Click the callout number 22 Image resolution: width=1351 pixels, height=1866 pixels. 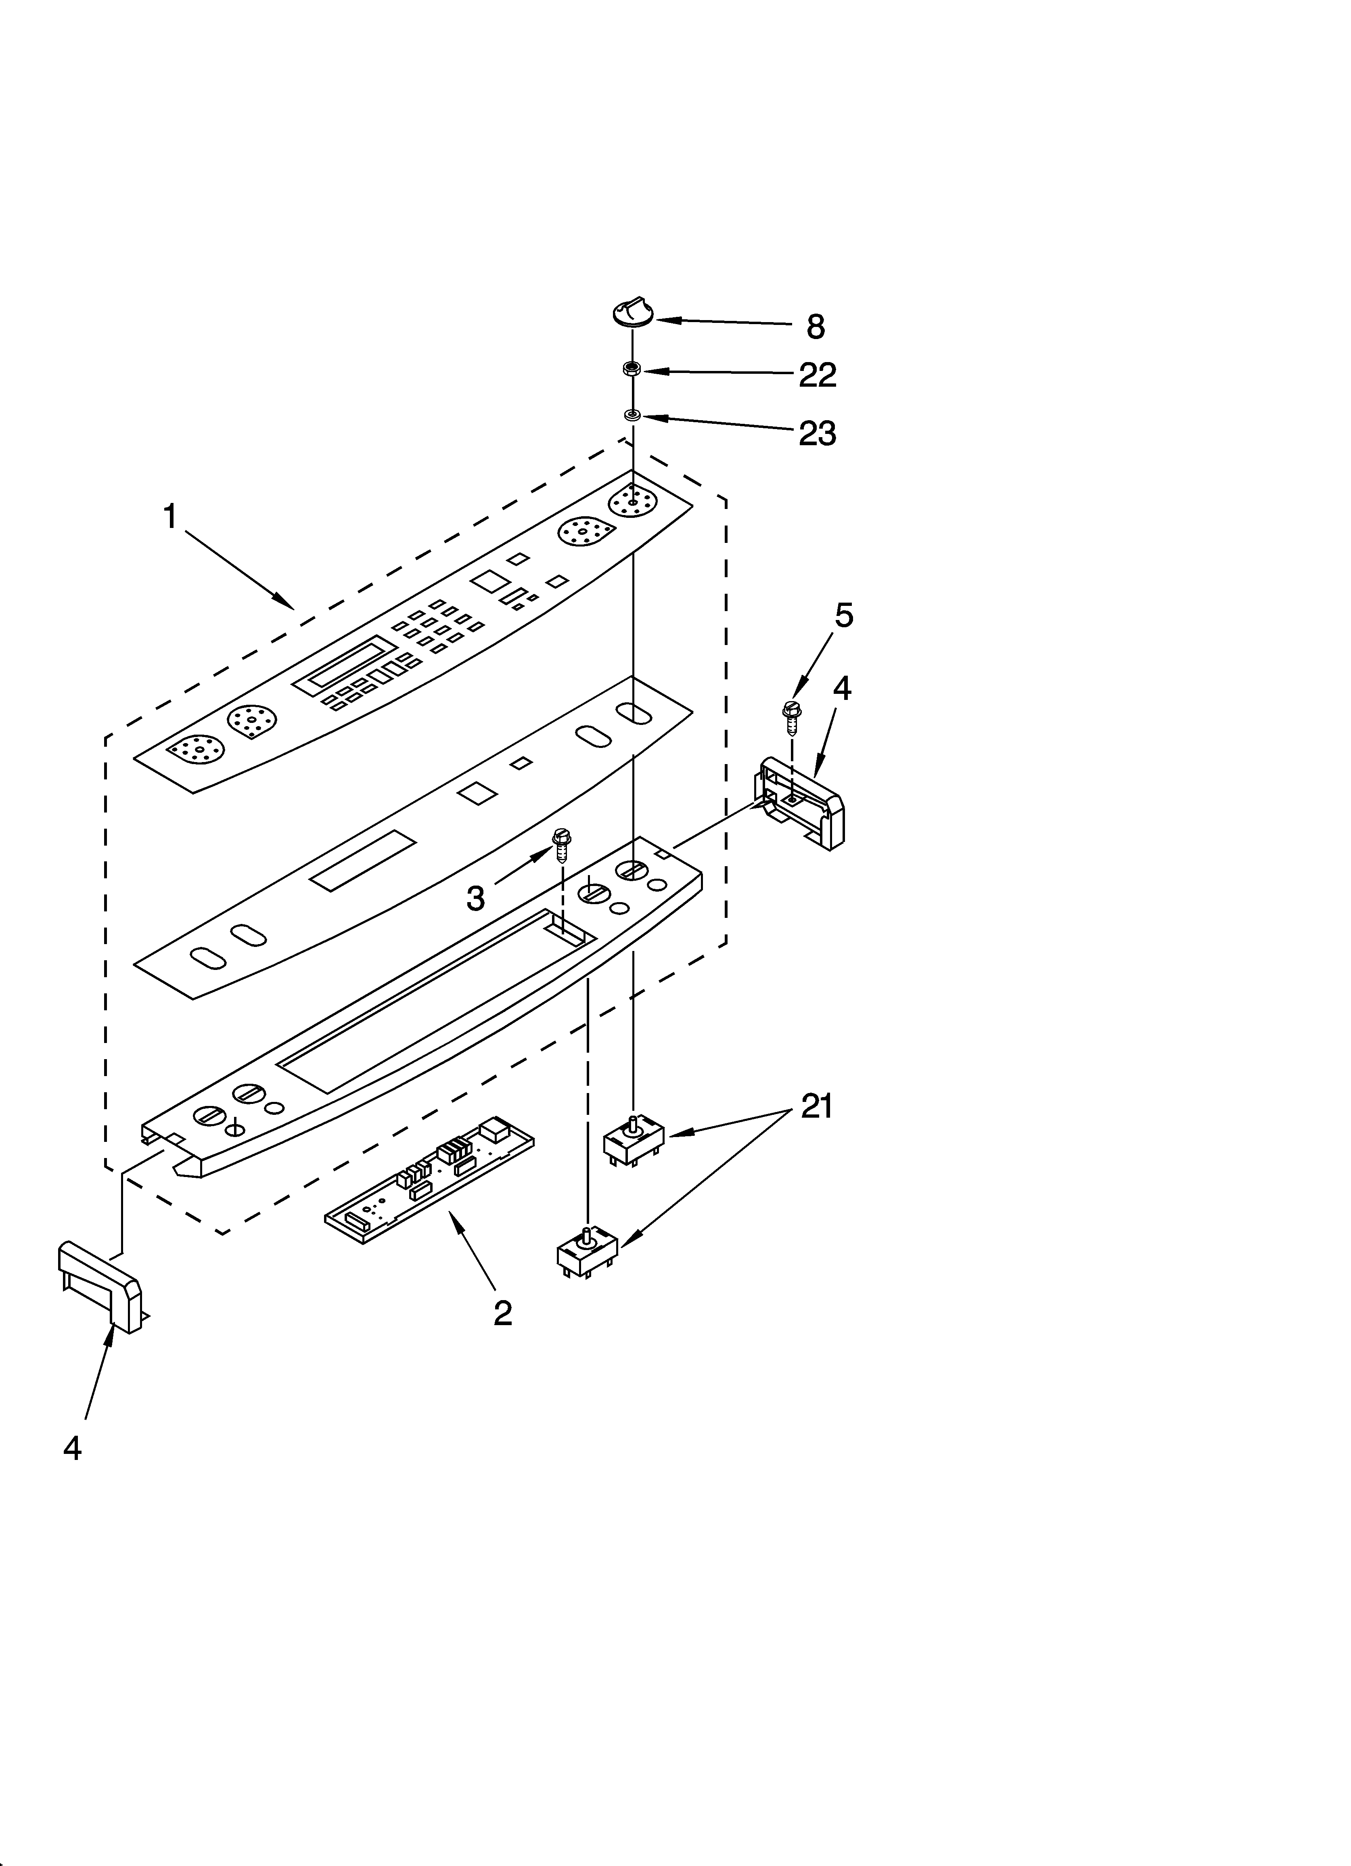817,375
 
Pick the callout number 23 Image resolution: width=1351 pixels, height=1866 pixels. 817,434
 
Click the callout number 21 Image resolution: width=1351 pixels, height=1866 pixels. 816,1107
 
